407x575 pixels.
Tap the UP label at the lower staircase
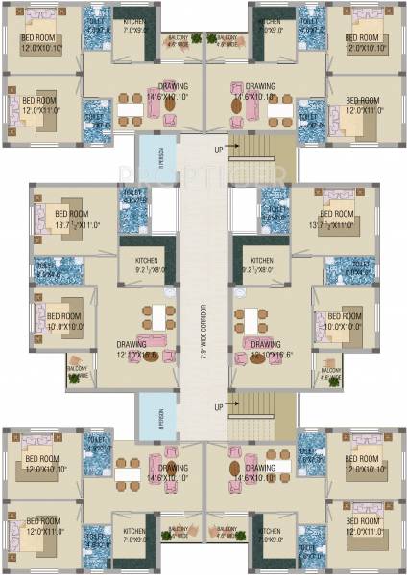tap(220, 407)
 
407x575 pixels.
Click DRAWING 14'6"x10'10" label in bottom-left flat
tap(141, 471)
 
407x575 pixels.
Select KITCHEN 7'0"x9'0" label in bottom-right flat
tap(273, 533)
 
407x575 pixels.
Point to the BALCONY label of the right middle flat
tap(331, 372)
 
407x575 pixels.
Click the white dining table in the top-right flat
tap(279, 111)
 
